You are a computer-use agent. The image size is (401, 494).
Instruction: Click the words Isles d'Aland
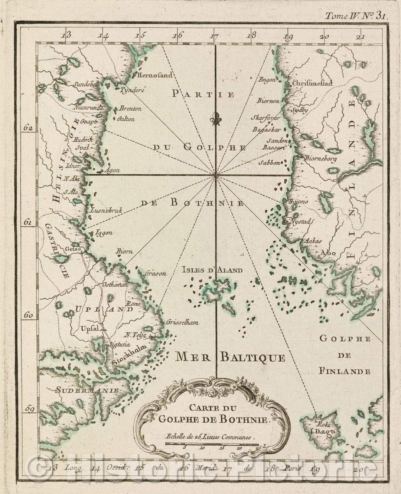point(212,270)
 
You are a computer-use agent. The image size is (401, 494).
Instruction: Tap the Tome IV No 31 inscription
point(356,16)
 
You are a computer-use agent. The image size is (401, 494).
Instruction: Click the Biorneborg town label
point(320,159)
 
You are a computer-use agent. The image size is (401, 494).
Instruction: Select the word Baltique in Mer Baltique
point(253,358)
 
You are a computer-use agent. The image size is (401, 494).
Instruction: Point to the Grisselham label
point(182,322)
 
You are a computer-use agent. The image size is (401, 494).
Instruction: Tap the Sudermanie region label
point(87,390)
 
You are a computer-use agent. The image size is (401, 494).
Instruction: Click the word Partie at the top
point(203,94)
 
